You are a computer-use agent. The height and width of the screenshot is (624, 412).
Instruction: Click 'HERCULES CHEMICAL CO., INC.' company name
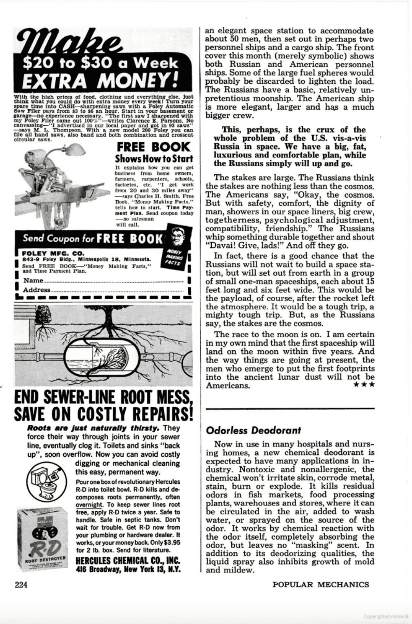(x=133, y=559)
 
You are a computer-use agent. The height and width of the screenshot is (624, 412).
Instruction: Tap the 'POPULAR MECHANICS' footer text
(x=321, y=585)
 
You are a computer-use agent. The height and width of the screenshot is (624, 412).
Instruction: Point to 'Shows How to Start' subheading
(x=154, y=159)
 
